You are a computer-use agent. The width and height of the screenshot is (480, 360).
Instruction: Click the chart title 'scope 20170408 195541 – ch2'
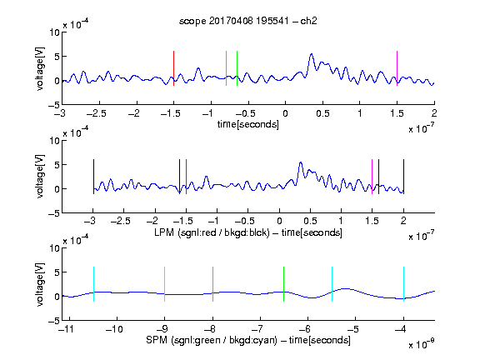click(x=248, y=21)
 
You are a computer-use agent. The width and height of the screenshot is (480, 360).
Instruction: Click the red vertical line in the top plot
click(x=173, y=68)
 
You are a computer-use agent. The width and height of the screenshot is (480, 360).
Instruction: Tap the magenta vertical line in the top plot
click(x=397, y=68)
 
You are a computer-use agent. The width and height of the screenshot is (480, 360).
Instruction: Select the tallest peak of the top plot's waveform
click(x=312, y=54)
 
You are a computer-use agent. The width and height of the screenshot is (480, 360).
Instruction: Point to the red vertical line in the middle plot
click(x=186, y=177)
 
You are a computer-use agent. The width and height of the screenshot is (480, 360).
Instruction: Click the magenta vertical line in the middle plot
click(x=372, y=177)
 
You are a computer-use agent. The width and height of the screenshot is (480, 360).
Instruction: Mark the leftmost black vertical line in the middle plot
click(x=93, y=177)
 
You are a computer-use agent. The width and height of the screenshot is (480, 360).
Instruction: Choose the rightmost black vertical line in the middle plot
click(x=403, y=177)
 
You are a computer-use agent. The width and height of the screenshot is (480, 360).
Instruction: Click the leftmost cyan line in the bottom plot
click(x=93, y=284)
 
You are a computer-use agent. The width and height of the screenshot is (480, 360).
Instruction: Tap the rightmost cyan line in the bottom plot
click(x=403, y=284)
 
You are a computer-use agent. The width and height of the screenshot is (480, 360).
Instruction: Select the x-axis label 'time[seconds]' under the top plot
click(x=248, y=124)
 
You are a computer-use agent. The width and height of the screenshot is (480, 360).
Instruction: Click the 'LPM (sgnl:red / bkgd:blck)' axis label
click(x=212, y=232)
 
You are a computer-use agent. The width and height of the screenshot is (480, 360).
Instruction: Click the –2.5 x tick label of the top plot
click(x=96, y=113)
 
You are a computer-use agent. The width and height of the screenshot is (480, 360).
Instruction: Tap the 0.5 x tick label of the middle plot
click(x=310, y=221)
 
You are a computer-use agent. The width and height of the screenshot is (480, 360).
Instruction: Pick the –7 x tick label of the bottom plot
click(x=257, y=329)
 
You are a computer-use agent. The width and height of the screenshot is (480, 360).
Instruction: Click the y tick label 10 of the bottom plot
click(x=55, y=248)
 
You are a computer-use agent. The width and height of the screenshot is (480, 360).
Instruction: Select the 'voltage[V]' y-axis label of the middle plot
click(x=40, y=177)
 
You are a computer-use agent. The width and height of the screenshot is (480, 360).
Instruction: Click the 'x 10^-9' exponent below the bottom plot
click(x=421, y=343)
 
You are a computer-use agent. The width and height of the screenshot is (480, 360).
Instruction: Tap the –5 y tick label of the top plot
click(x=54, y=105)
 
